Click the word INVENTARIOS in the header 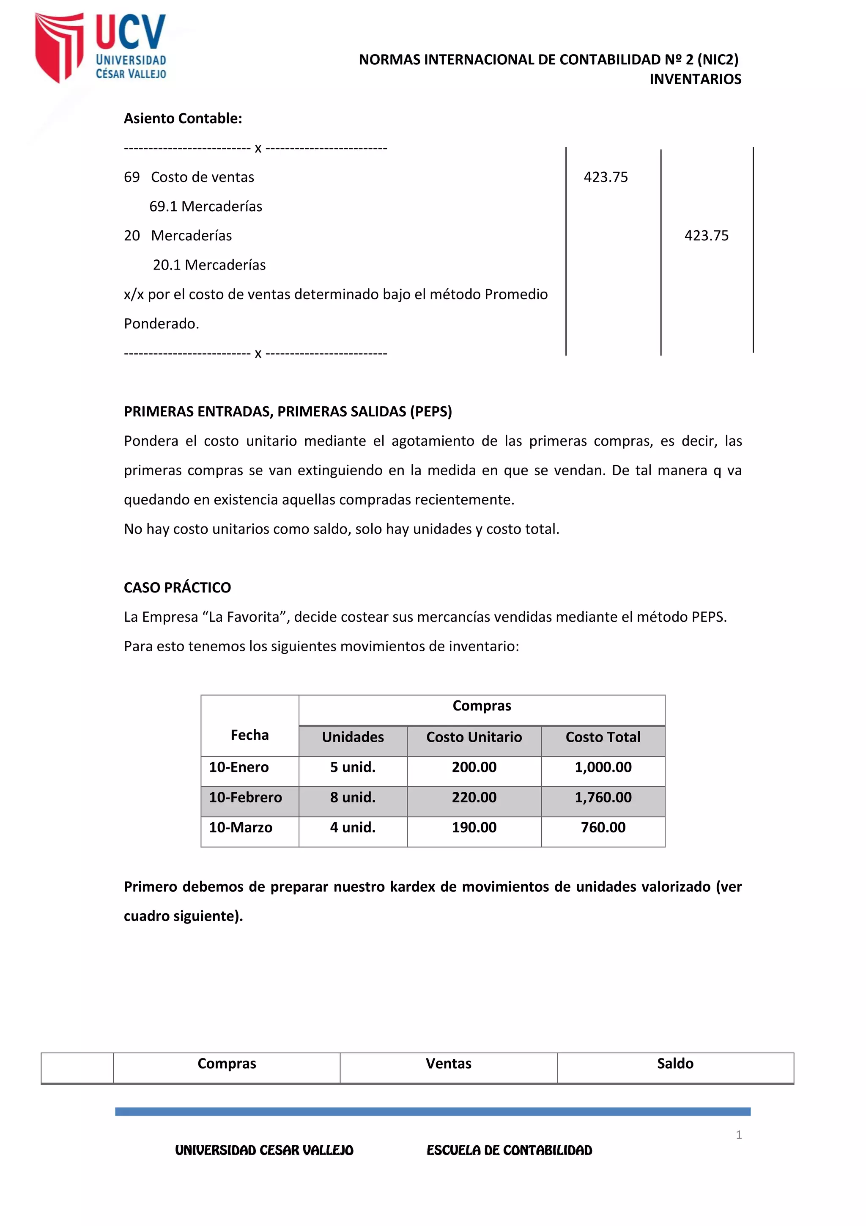pyautogui.click(x=695, y=79)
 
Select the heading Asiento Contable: pyautogui.click(x=183, y=118)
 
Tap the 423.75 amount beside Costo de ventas pyautogui.click(x=606, y=177)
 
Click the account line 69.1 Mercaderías pyautogui.click(x=206, y=206)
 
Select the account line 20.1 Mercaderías pyautogui.click(x=209, y=265)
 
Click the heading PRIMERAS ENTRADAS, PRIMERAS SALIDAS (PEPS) pyautogui.click(x=288, y=411)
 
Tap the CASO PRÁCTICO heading pyautogui.click(x=177, y=587)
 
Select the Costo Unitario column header pyautogui.click(x=474, y=737)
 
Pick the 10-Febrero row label pyautogui.click(x=245, y=797)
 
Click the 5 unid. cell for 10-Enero pyautogui.click(x=353, y=767)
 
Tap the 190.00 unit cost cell pyautogui.click(x=474, y=827)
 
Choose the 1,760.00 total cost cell pyautogui.click(x=603, y=797)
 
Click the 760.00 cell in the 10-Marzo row pyautogui.click(x=603, y=827)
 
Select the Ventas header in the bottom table pyautogui.click(x=448, y=1063)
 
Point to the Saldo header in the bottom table pyautogui.click(x=675, y=1063)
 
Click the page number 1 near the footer pyautogui.click(x=738, y=1135)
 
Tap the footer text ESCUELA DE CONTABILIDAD pyautogui.click(x=509, y=1150)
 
